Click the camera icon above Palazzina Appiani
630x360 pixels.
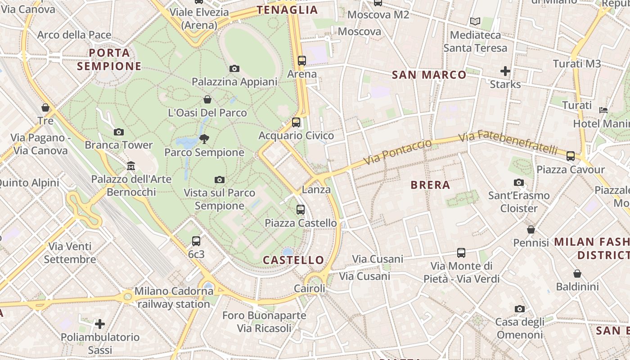coord(234,69)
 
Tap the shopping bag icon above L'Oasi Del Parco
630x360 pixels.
coord(207,99)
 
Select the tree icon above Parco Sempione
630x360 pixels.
coord(204,139)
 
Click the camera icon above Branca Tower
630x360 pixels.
coord(119,132)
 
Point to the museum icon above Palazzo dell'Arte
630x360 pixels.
coord(130,166)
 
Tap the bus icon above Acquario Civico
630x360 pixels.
coord(296,122)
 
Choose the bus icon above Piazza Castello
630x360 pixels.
coord(300,210)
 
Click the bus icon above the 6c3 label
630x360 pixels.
coord(196,241)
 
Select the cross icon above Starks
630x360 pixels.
coord(505,71)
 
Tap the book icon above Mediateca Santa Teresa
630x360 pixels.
coord(475,21)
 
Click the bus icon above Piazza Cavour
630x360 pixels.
coord(571,156)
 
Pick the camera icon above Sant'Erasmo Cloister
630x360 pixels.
coord(519,182)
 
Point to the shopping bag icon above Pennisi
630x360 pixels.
coord(531,229)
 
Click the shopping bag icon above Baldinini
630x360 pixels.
coord(577,274)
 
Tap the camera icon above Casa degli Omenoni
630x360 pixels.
coord(520,309)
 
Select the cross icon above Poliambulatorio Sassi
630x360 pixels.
coord(100,324)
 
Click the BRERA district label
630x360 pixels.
coord(430,185)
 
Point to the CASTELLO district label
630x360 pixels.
coord(293,260)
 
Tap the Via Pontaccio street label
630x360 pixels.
coord(397,152)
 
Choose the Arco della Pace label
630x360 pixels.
coord(74,35)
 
